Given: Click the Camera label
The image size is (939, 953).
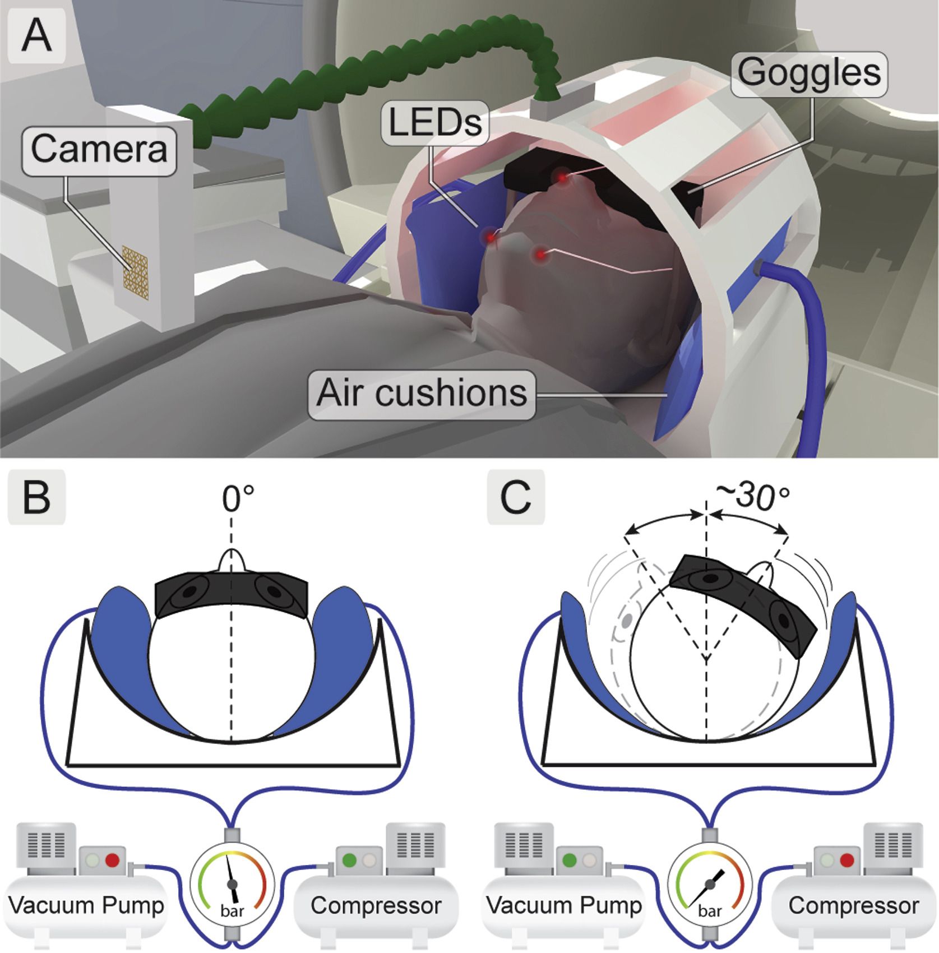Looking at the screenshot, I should [99, 149].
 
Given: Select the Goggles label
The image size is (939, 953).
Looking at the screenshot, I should [809, 73].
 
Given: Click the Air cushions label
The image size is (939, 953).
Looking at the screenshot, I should [422, 393].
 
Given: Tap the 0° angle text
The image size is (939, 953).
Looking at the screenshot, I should [238, 498].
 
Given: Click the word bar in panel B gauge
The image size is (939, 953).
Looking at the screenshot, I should [232, 910].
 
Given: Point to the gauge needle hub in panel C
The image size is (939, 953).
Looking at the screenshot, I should [710, 884].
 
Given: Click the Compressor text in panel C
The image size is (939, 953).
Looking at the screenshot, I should [853, 905].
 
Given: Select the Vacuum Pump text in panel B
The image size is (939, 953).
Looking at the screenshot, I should [86, 905].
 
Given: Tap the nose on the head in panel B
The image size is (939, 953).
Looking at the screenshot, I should [232, 561].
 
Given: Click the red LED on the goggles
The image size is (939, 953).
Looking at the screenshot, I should [561, 178].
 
